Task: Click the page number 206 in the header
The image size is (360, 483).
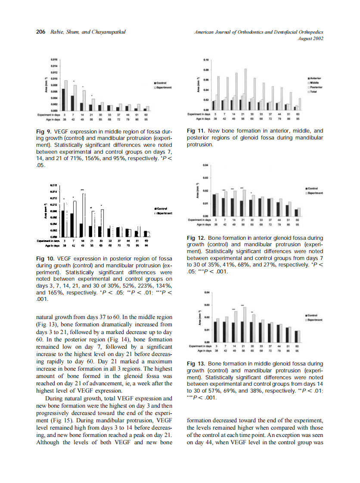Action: point(40,32)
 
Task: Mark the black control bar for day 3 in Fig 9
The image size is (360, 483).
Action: point(63,99)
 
